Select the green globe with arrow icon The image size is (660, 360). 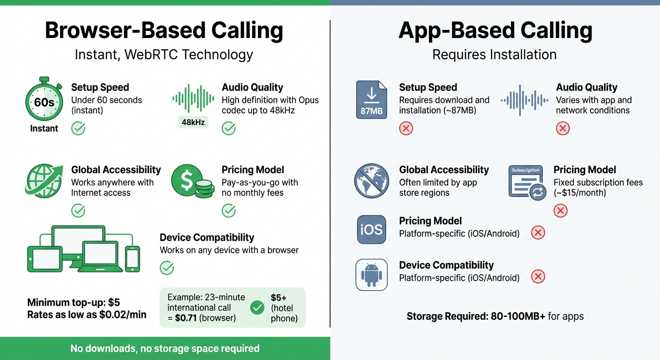[x=44, y=181]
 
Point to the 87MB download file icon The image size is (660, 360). [x=372, y=99]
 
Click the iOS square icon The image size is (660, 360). [x=372, y=230]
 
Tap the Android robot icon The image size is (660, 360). [x=372, y=275]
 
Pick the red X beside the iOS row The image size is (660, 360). [x=538, y=232]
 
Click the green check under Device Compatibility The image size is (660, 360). [x=167, y=268]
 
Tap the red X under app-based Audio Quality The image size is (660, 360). [x=562, y=128]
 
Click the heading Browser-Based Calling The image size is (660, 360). [x=164, y=30]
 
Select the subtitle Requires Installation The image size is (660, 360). [x=495, y=54]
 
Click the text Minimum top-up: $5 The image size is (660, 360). [x=74, y=302]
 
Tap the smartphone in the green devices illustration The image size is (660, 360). [x=133, y=258]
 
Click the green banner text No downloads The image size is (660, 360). [x=165, y=348]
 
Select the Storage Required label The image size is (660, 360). [x=445, y=316]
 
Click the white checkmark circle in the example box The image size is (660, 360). [x=257, y=307]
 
